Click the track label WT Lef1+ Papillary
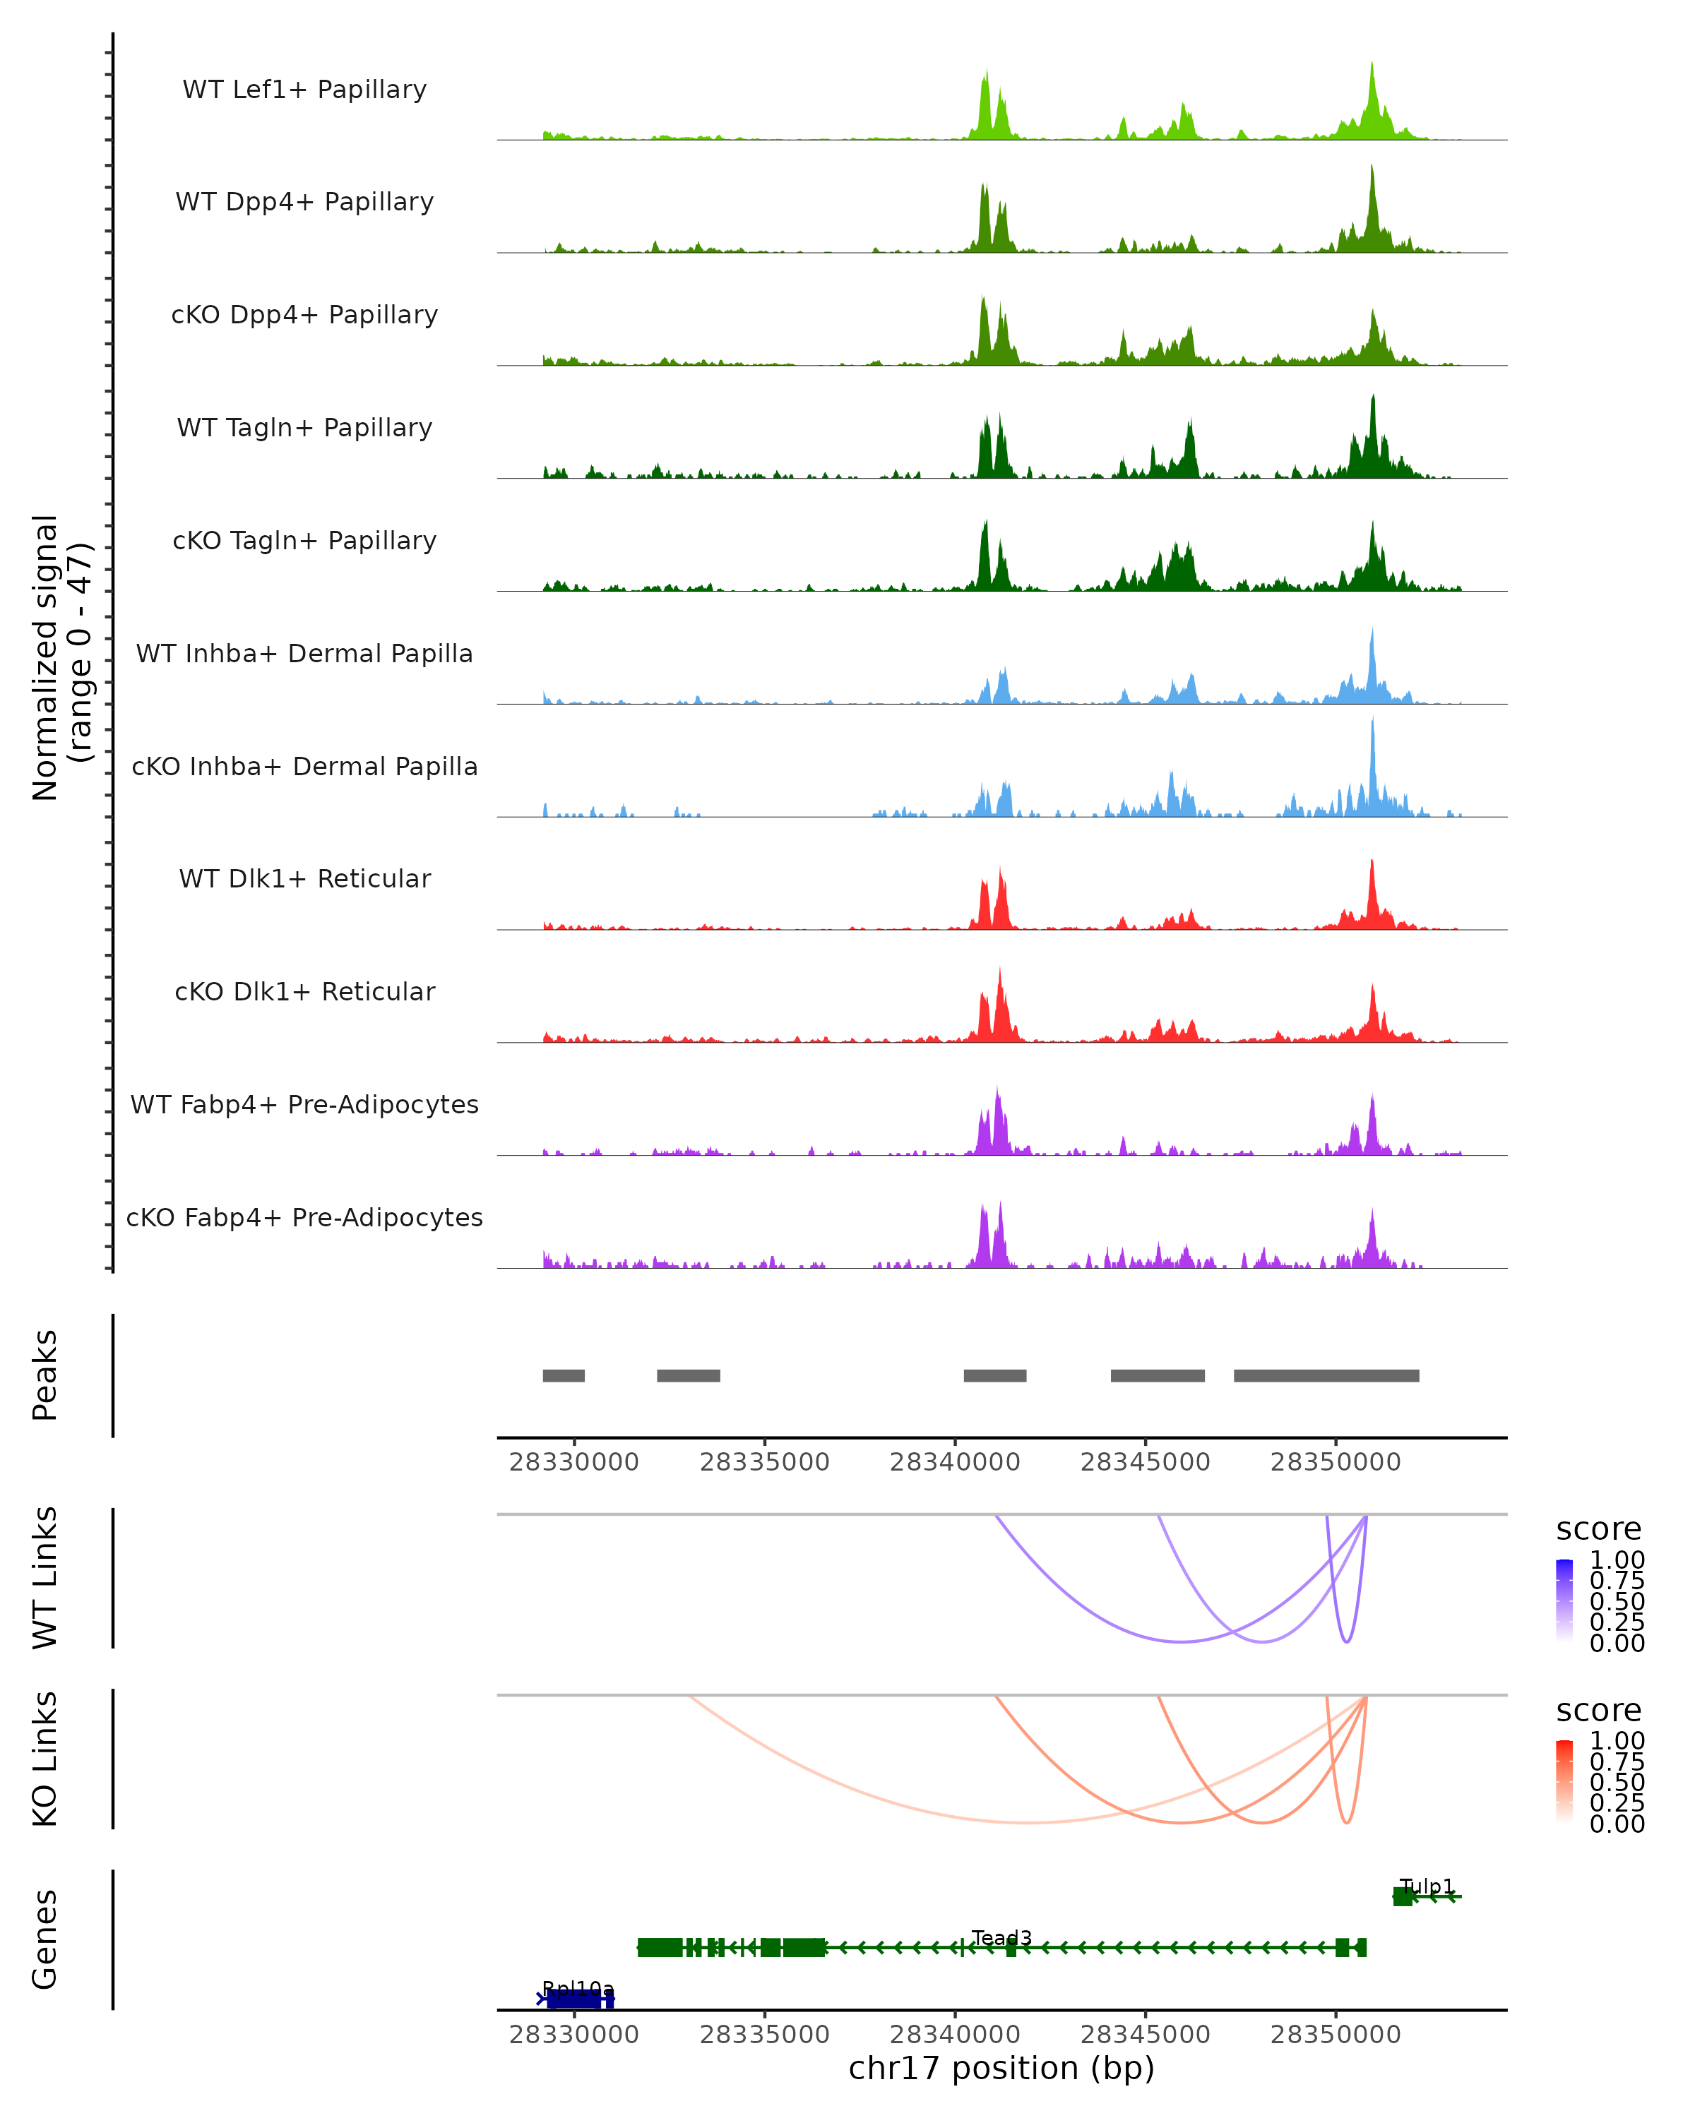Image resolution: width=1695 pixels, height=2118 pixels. [x=304, y=90]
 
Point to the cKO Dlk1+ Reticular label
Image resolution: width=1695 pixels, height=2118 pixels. [x=304, y=991]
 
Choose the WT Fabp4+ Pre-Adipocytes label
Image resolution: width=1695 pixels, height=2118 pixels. [x=304, y=1104]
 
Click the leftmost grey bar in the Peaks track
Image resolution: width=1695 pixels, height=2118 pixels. [x=564, y=1375]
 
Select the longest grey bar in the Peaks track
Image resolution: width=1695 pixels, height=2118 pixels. [x=1326, y=1375]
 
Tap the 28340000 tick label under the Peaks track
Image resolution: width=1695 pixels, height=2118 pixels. [x=954, y=1462]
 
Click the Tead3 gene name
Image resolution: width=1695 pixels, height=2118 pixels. [x=1001, y=1937]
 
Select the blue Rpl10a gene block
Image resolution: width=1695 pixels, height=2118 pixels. [x=578, y=1998]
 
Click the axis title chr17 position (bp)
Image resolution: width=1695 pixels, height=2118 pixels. [x=1001, y=2068]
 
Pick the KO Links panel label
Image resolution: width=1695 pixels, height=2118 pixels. [x=45, y=1759]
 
